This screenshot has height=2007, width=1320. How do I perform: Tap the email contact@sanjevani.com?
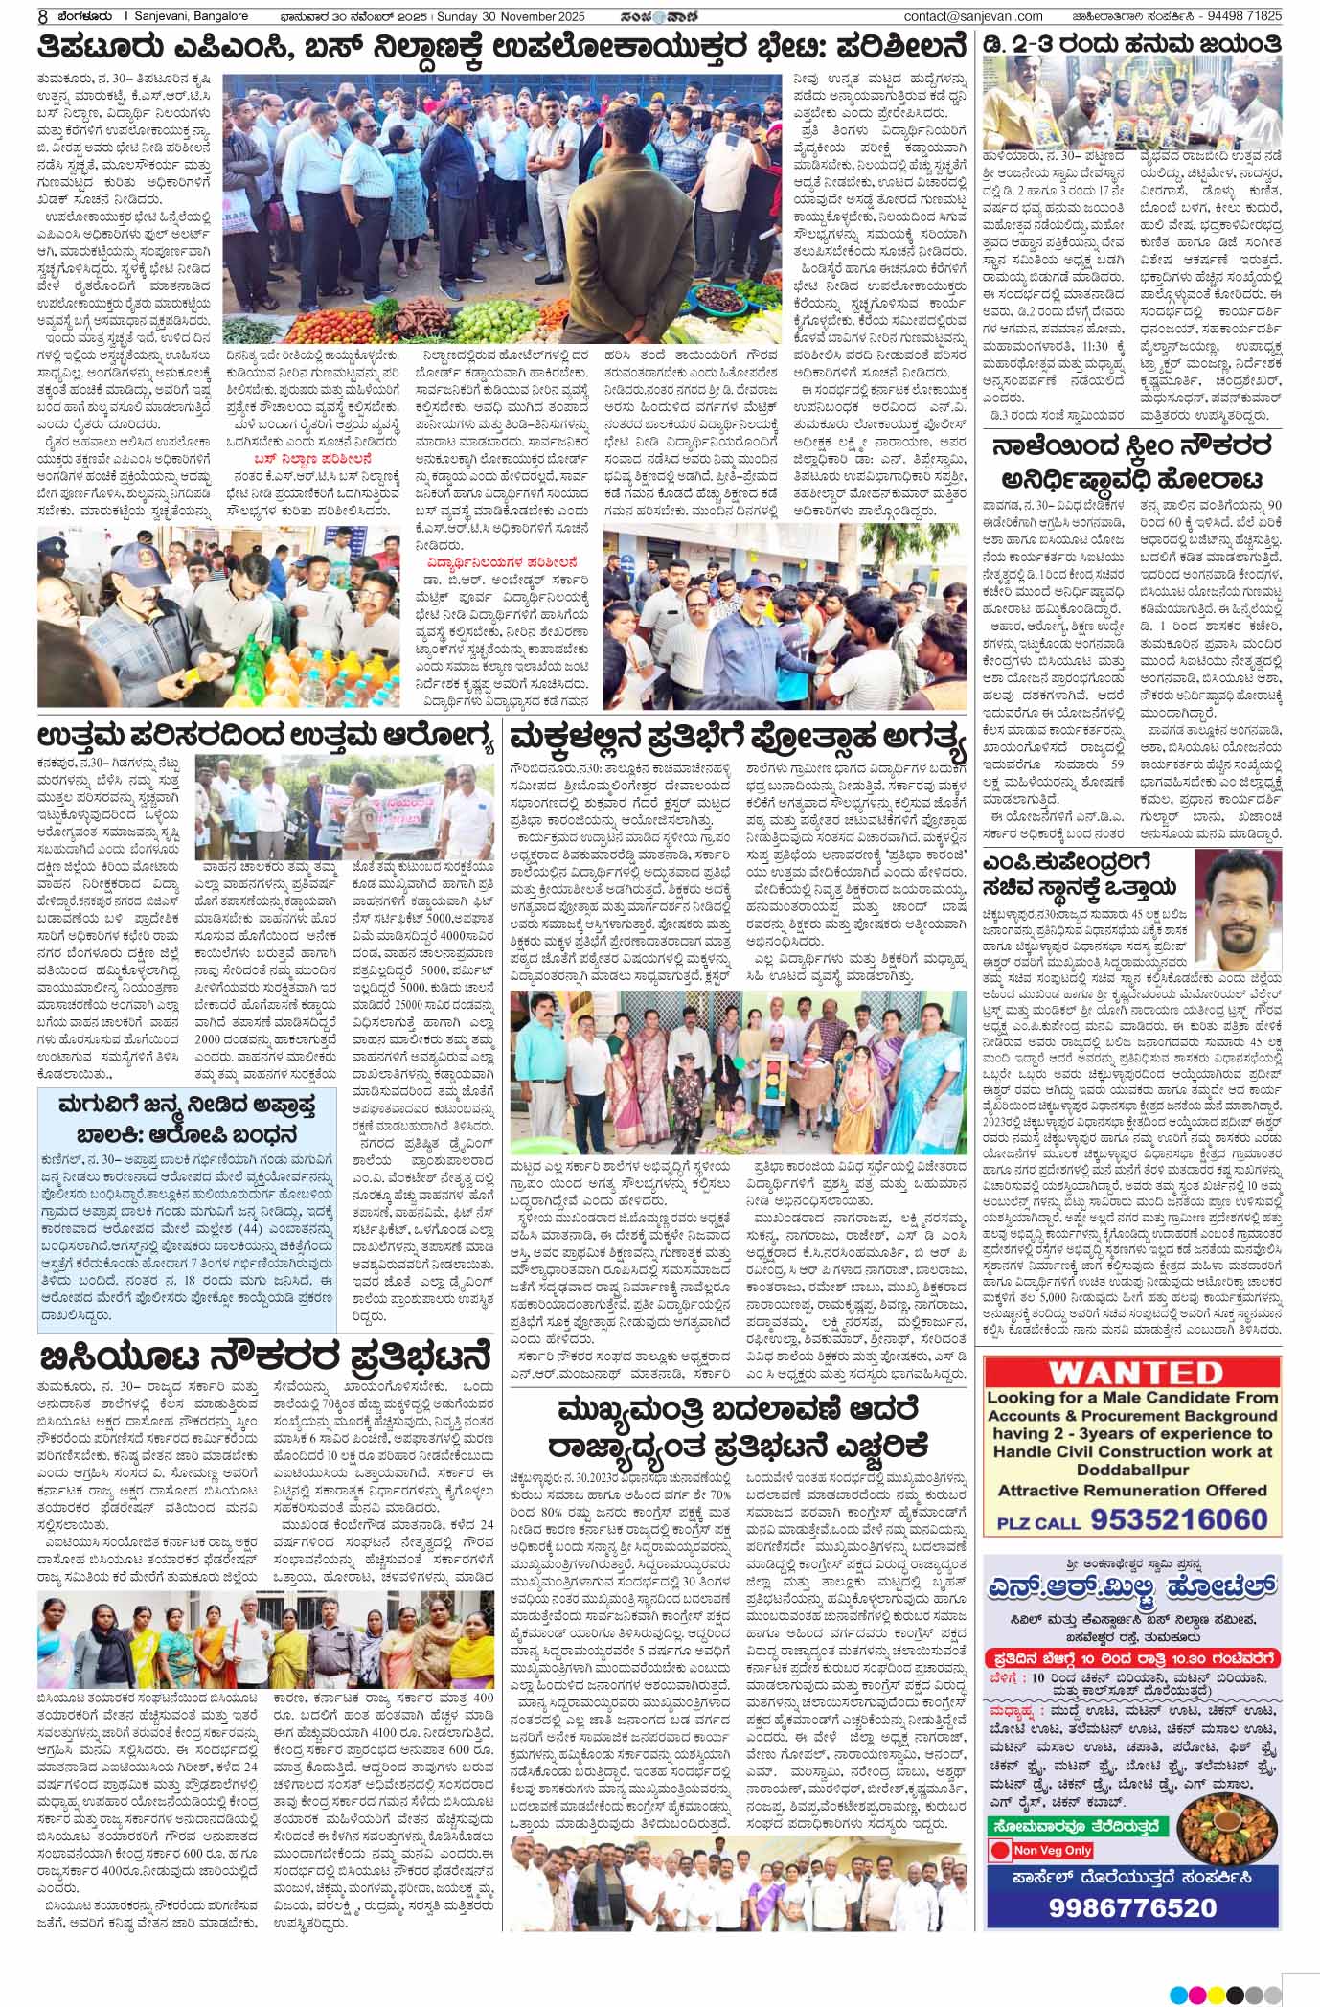click(x=973, y=15)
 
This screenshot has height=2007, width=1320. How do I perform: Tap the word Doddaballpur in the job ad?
click(x=1131, y=1468)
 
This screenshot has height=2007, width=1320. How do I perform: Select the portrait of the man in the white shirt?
click(x=1237, y=892)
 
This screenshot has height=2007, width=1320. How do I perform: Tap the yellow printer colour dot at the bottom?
click(x=1218, y=1994)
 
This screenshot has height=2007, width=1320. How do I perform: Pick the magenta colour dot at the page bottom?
click(x=1196, y=1994)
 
